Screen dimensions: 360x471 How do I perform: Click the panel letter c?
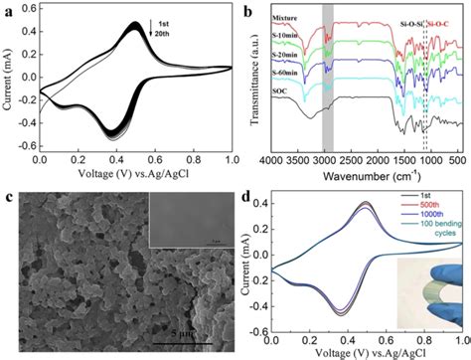pos(9,191)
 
